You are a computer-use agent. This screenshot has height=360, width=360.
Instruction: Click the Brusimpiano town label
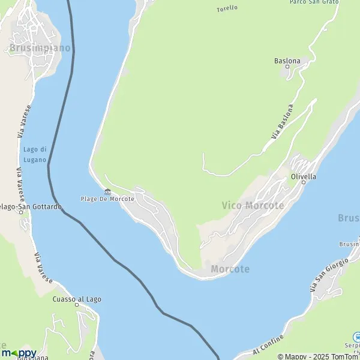click(40, 47)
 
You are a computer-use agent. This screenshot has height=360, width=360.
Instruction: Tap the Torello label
click(227, 8)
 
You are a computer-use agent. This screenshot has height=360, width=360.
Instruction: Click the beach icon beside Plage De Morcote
click(107, 191)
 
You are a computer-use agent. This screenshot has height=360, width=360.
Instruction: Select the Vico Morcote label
click(253, 205)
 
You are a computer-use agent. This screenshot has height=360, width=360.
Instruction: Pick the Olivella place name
click(303, 176)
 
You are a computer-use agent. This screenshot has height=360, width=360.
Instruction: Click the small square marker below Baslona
click(287, 67)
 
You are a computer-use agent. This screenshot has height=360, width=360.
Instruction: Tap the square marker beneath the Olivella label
click(303, 182)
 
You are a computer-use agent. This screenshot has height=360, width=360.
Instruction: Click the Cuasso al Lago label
click(77, 299)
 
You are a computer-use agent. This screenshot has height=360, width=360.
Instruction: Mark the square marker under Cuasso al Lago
click(77, 305)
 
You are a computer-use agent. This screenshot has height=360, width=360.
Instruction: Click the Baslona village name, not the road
click(287, 60)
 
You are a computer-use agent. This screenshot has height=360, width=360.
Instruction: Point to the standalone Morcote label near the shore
click(230, 269)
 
